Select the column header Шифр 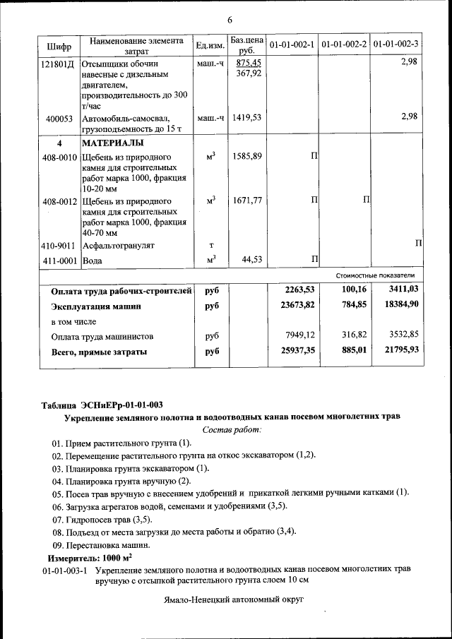59,46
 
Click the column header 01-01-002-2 343,44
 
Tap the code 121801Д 60,64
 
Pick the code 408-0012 59,201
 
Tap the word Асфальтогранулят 118,245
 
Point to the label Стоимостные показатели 375,275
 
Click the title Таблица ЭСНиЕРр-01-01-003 102,405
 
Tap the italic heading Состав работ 232,429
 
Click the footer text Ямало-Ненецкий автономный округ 232,599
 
